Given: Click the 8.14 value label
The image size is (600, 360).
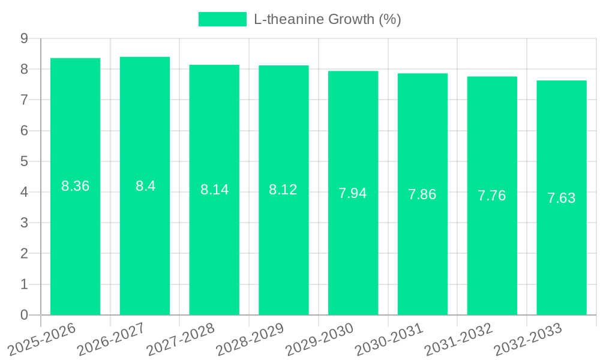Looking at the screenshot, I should click(x=214, y=190).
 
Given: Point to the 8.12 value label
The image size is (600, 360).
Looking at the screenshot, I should click(x=283, y=190).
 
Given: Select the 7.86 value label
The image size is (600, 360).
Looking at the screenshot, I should click(x=422, y=194).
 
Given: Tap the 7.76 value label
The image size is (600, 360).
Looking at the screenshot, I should click(x=492, y=196).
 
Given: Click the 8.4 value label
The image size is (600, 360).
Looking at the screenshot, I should click(x=145, y=186).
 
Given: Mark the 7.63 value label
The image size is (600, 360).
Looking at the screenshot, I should click(x=562, y=198).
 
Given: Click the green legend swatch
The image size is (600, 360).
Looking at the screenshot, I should click(x=222, y=19).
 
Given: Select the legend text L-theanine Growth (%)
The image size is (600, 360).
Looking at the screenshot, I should click(x=327, y=19).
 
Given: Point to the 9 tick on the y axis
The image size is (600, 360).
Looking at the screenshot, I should click(x=24, y=38).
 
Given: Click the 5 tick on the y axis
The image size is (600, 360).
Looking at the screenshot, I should click(x=24, y=161).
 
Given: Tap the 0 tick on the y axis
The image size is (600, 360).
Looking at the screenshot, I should click(x=24, y=315).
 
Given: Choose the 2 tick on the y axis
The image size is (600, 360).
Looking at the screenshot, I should click(x=24, y=254).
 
